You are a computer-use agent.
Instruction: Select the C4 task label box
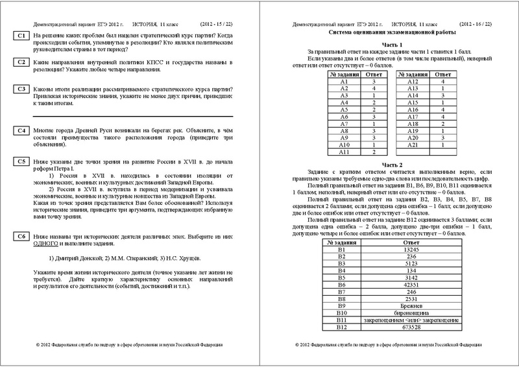pyautogui.click(x=21, y=131)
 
